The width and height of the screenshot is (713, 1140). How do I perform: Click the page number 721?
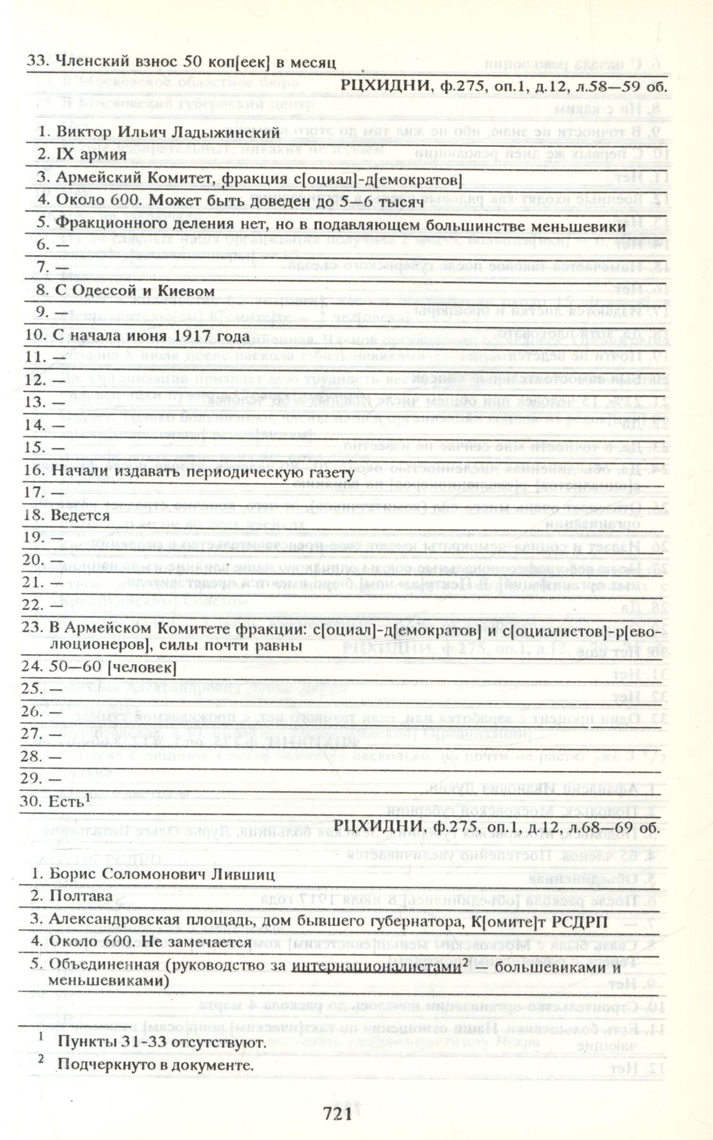pyautogui.click(x=338, y=1113)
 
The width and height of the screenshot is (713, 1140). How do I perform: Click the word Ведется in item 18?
pyautogui.click(x=80, y=515)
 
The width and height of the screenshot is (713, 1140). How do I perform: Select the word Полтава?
pyautogui.click(x=81, y=896)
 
